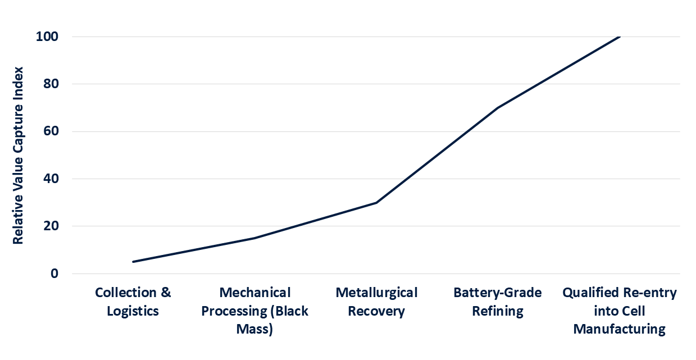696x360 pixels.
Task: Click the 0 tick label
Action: click(x=54, y=274)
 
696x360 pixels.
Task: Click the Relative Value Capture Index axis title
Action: click(x=19, y=154)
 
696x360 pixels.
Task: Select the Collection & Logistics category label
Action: click(x=133, y=302)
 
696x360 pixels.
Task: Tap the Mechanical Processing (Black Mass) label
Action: click(x=255, y=311)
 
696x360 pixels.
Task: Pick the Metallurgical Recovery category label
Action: click(x=376, y=302)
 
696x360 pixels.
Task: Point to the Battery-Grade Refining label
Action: click(x=498, y=302)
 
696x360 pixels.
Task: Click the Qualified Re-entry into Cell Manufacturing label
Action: click(x=620, y=311)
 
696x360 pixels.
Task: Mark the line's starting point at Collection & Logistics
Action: click(x=133, y=262)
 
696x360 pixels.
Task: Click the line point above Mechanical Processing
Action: click(x=255, y=238)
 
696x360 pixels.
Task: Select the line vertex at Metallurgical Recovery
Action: click(x=376, y=203)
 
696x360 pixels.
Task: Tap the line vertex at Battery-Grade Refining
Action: click(x=498, y=108)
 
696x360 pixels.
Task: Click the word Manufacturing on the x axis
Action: click(x=620, y=329)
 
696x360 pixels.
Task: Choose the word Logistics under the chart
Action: click(x=133, y=311)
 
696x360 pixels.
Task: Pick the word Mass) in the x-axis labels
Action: click(x=255, y=329)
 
